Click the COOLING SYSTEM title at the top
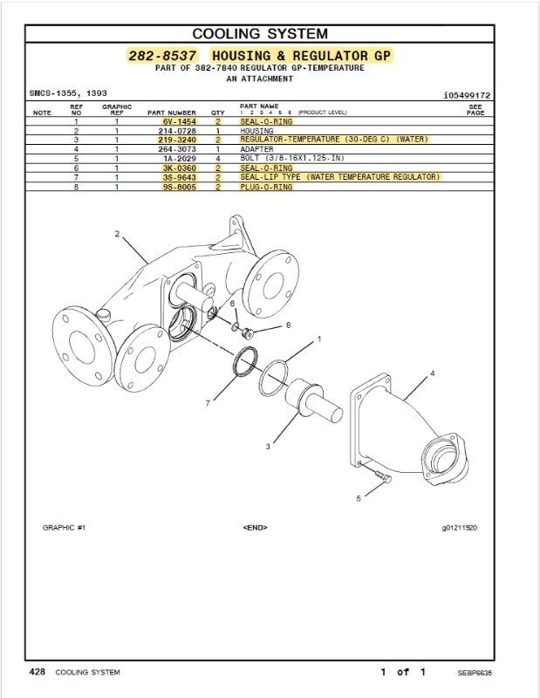point(260,33)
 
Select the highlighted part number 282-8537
point(162,56)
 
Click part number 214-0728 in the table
point(177,131)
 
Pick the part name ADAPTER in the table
point(256,148)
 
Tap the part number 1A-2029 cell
point(180,159)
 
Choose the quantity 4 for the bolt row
point(218,159)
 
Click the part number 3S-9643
point(180,177)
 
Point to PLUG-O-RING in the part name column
point(266,187)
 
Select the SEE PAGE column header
point(475,110)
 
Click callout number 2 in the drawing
point(117,234)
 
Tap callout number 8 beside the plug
point(289,325)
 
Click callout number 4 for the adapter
point(433,373)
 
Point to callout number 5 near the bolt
point(359,498)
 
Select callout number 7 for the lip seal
point(208,403)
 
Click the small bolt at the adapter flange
point(384,476)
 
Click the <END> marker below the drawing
point(255,528)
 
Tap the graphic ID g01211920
point(460,528)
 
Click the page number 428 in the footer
point(37,671)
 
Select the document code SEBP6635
point(475,673)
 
